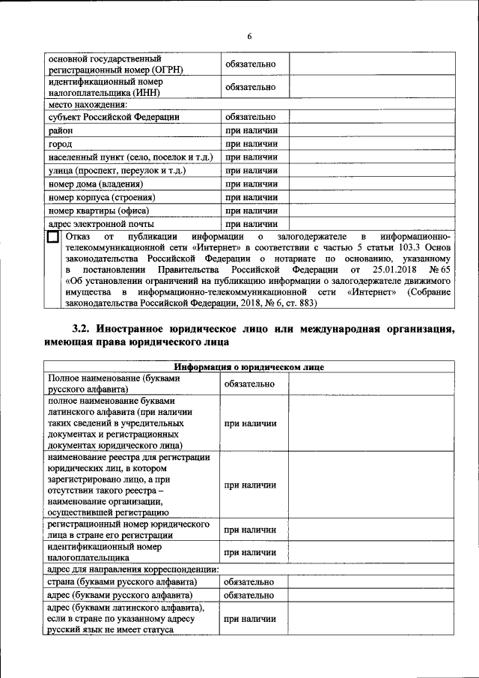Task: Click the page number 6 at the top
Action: point(250,37)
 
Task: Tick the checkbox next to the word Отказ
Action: point(53,237)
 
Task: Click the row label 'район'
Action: point(61,130)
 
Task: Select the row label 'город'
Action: point(60,144)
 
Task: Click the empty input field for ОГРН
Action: point(370,64)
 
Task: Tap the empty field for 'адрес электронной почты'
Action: point(370,223)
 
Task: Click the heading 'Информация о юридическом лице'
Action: point(249,367)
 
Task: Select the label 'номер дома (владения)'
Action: point(95,184)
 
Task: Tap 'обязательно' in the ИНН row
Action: point(251,87)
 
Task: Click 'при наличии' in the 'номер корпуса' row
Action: point(251,197)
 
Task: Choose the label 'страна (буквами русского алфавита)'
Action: point(122,582)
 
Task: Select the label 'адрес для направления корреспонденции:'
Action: point(133,569)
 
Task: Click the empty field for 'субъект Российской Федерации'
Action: point(370,117)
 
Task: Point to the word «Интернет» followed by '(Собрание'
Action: point(372,291)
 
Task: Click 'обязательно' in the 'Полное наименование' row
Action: point(251,384)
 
